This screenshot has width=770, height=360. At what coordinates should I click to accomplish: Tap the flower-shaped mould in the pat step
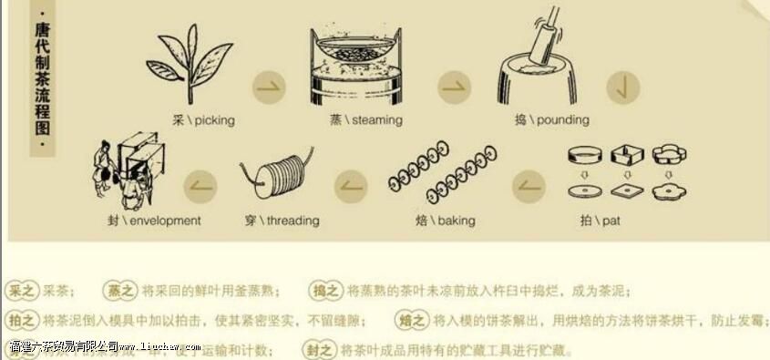point(670,154)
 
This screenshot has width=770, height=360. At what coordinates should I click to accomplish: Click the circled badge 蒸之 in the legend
point(118,291)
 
